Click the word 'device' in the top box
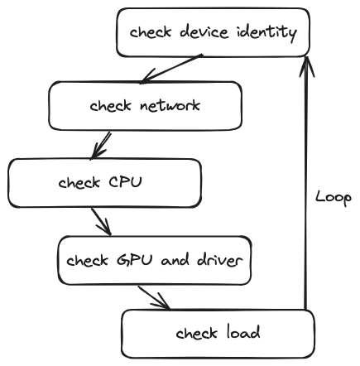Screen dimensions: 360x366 point(204,31)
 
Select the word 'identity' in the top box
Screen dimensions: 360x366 point(266,32)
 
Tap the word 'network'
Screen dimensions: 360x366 point(170,105)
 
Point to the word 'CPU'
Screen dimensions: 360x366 point(125,182)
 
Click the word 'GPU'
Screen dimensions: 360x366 point(134,260)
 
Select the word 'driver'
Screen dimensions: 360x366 point(220,259)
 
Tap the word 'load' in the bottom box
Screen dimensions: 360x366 point(243,332)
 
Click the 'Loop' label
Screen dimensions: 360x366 point(334,198)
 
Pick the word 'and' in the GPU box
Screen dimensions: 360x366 point(175,260)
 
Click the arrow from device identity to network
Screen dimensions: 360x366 point(171,69)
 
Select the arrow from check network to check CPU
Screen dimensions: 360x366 point(101,145)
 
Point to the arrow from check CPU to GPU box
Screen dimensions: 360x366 point(101,222)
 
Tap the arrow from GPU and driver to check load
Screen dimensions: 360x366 point(154,297)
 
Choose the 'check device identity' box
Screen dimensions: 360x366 point(213,32)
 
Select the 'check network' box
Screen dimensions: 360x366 point(146,106)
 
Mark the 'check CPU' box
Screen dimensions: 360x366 point(105,183)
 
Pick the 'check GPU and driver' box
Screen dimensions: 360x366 point(155,260)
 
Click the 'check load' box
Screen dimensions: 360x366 point(218,334)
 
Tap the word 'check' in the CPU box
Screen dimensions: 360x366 point(79,182)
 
